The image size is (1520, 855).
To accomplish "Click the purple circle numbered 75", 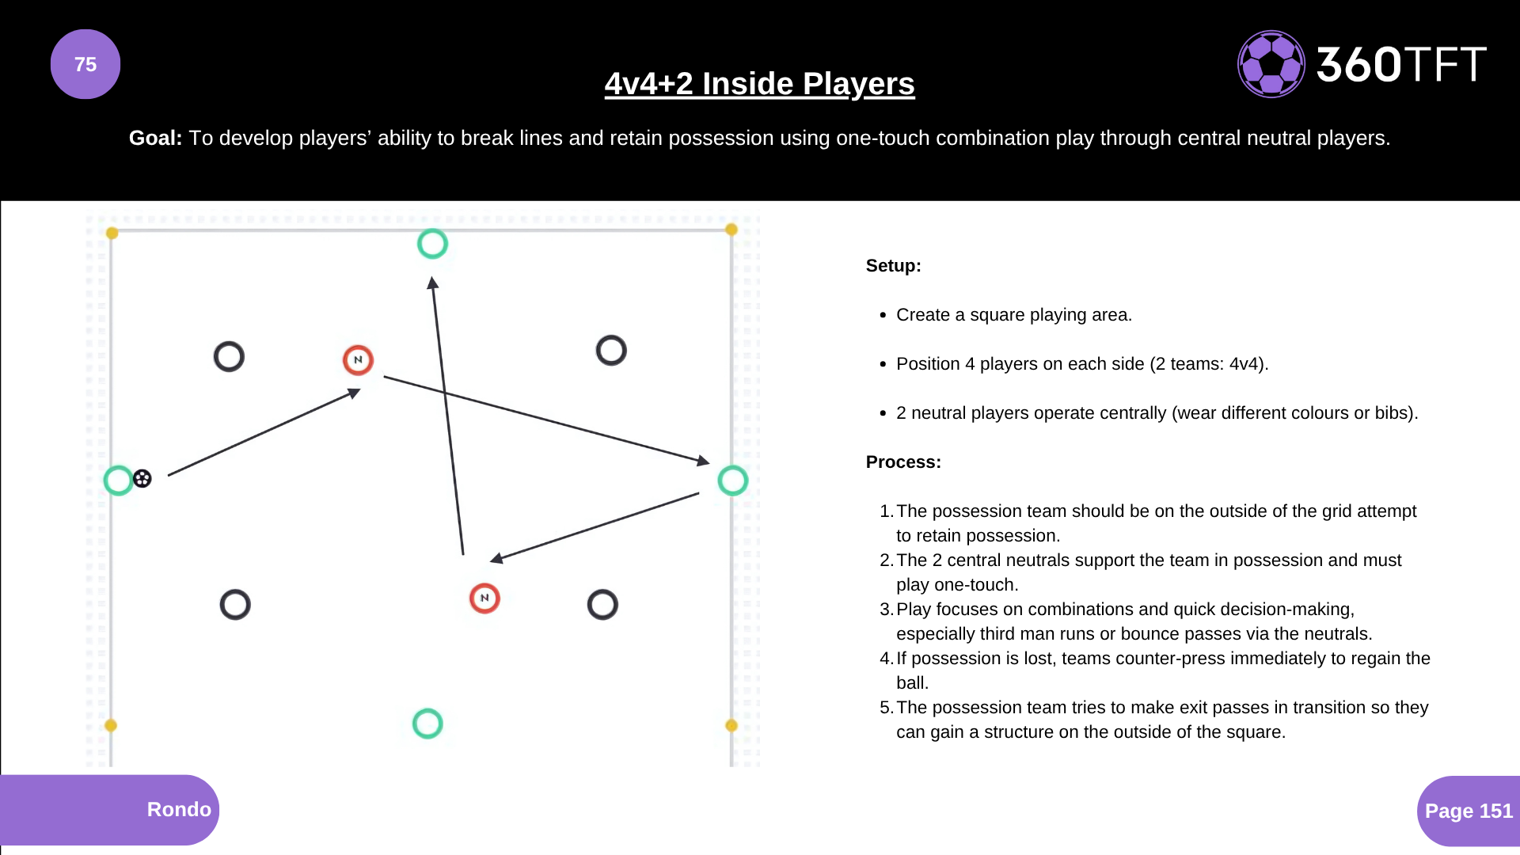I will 85,64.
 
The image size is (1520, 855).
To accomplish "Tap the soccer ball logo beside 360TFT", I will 1271,64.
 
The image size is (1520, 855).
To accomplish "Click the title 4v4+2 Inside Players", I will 759,84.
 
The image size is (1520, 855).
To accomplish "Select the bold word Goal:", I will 155,138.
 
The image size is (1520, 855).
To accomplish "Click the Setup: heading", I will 893,266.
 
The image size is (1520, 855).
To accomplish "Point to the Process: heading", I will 903,462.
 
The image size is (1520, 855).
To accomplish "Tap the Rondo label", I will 179,809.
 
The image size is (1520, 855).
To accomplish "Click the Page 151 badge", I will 1468,811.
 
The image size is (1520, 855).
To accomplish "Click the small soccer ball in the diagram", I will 142,478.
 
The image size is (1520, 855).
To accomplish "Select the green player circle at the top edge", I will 432,244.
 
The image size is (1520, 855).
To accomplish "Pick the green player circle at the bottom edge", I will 427,724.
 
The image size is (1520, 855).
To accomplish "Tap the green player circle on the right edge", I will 732,480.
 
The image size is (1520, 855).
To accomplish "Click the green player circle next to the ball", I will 118,480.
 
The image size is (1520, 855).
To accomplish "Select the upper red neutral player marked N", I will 358,360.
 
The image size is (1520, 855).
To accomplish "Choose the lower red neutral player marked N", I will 484,598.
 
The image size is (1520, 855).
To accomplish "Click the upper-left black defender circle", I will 229,357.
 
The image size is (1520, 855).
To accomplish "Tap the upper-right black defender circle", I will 611,350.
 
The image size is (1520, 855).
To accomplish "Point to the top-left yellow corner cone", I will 112,233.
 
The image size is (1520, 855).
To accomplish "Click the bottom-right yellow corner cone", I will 731,725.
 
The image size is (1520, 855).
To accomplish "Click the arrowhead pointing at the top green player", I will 432,283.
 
